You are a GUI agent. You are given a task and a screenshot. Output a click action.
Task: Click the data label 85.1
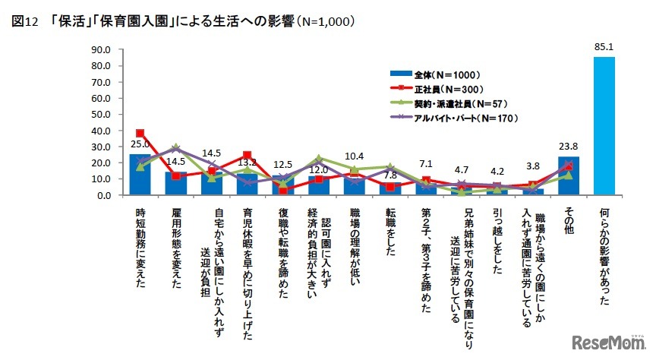tap(604, 48)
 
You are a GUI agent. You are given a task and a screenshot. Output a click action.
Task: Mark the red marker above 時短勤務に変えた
tap(140, 133)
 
